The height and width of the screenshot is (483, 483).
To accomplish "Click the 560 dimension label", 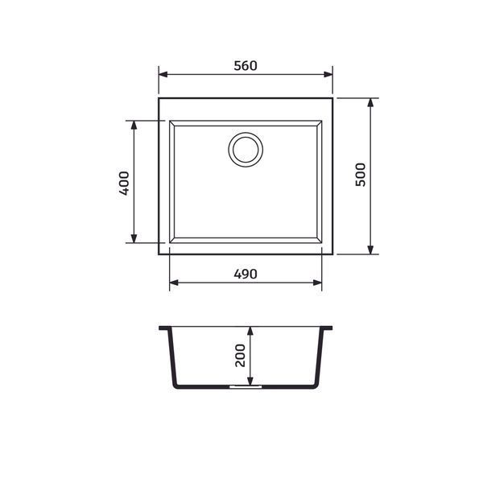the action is click(x=246, y=66).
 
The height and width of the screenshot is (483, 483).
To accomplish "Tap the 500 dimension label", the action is click(x=360, y=175).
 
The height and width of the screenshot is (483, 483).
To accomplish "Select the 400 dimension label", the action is click(x=124, y=184).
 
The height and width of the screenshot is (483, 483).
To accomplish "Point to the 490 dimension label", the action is click(x=246, y=274).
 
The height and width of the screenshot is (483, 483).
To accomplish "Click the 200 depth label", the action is click(x=240, y=356).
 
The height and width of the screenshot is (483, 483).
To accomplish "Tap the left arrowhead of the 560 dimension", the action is click(x=163, y=75).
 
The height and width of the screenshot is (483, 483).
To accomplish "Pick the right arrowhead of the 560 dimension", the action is click(x=328, y=75).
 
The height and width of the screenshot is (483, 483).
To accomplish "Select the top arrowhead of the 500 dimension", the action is click(x=370, y=102).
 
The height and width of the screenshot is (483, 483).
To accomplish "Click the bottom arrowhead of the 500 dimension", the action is click(x=370, y=250).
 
